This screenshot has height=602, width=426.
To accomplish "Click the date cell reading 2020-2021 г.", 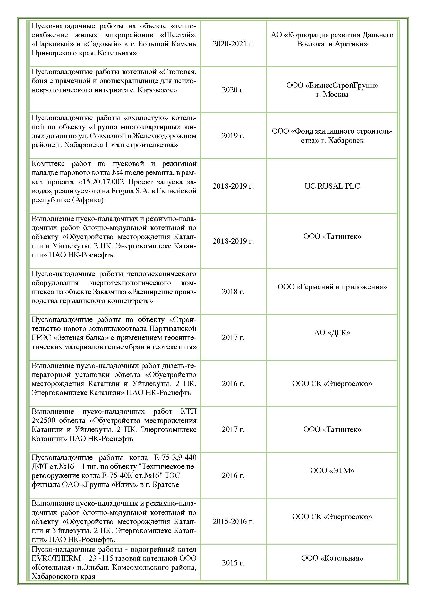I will coord(233,44).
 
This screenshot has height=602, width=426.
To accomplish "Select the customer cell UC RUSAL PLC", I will coord(332,186).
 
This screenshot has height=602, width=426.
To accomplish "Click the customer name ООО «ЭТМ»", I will coord(332,471).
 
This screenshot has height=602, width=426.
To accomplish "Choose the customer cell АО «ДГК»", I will coord(332,333).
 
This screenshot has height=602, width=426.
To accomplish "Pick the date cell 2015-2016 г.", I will coord(233,521).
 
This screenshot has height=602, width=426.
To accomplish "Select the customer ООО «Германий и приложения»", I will coord(332,287).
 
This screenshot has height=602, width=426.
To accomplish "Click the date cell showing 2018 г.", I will coord(233,292).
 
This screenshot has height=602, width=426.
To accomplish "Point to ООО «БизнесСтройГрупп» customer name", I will coord(332,85).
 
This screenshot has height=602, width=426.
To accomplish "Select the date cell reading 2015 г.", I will coord(233,563).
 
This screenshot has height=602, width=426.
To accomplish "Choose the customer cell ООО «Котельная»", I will coord(332,558).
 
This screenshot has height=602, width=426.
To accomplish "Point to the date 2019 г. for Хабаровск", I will coord(233,136).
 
